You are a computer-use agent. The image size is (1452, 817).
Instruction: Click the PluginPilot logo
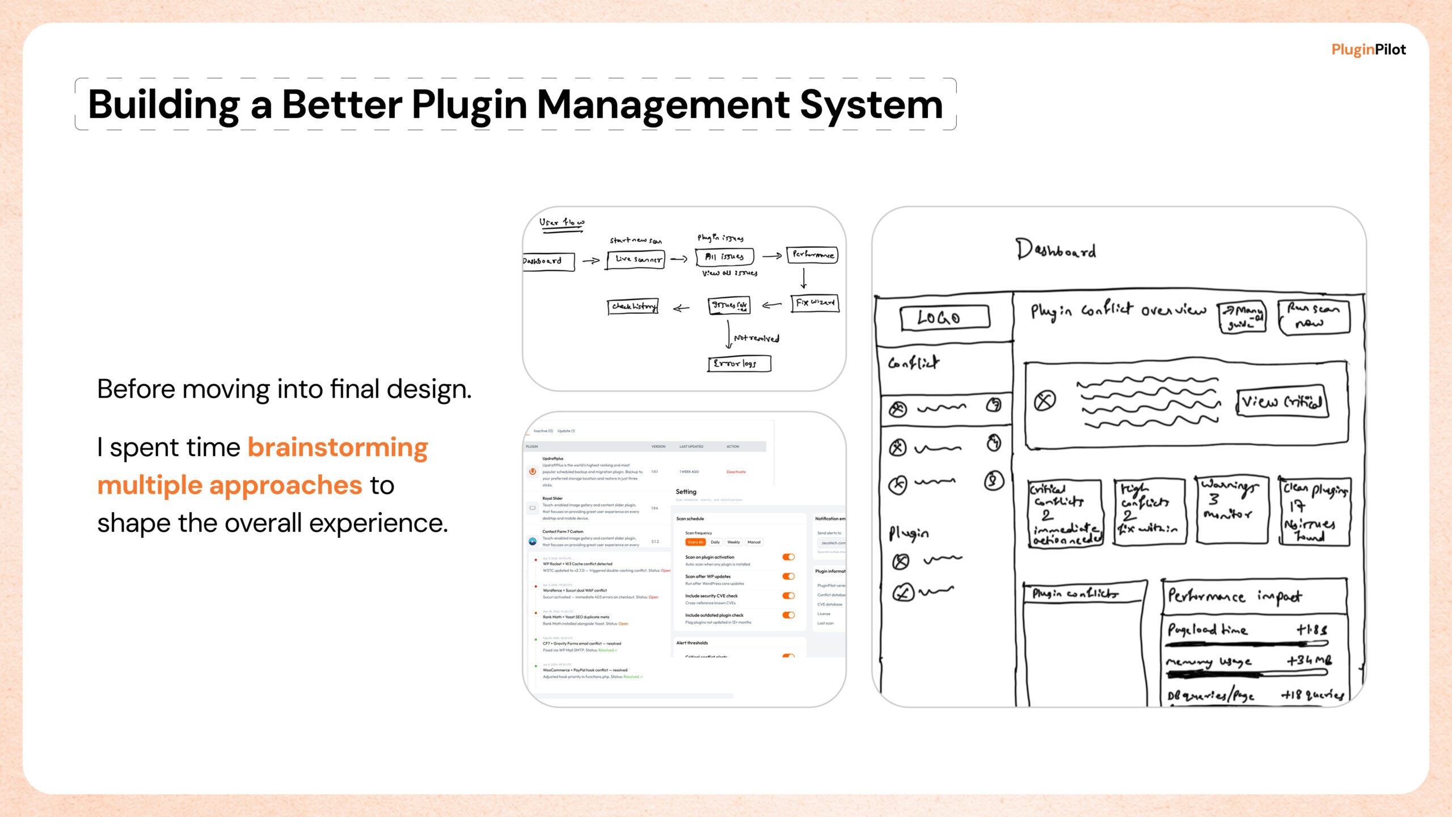point(1368,50)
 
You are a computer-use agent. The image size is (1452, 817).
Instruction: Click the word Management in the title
point(662,105)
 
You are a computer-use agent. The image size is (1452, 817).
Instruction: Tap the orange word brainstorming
point(337,448)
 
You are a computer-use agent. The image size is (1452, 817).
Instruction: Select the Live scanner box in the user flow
point(636,259)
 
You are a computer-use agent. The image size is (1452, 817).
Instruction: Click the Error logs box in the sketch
point(739,364)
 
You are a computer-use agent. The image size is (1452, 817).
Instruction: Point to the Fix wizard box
point(814,303)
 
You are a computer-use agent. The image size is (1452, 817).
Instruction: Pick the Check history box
point(632,306)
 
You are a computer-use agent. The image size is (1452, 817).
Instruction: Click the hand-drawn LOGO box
point(944,317)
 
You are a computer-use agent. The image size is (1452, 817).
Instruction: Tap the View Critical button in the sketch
point(1282,402)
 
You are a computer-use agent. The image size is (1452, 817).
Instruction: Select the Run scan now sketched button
point(1314,316)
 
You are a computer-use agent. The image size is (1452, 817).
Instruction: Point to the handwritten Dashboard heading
point(1056,250)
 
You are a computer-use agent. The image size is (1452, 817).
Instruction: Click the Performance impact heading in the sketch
point(1235,596)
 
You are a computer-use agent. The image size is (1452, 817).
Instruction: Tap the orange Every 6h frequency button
point(695,542)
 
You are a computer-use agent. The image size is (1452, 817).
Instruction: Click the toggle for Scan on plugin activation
point(788,557)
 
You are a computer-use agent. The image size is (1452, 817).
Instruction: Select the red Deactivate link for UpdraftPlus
point(736,472)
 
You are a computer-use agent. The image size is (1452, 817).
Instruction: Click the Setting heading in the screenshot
point(686,492)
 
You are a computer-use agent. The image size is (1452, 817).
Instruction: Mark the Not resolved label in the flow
point(757,339)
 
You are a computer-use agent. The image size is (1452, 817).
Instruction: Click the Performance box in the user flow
point(812,255)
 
